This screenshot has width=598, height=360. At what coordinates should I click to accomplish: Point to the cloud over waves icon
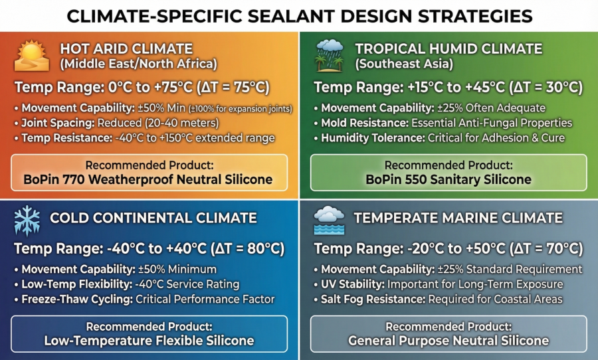tap(330, 220)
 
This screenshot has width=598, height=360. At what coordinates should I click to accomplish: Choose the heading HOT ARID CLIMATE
tap(126, 49)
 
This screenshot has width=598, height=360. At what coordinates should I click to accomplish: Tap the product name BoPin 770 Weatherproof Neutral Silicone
tap(149, 179)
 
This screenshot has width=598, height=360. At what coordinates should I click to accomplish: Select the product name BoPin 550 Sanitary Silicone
tap(448, 179)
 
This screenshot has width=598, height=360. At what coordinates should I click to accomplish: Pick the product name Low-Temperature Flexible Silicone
tap(149, 341)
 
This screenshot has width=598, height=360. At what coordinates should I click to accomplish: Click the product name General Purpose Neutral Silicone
tap(448, 341)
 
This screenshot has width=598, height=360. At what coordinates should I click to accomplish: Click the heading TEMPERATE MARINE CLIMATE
tap(458, 218)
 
